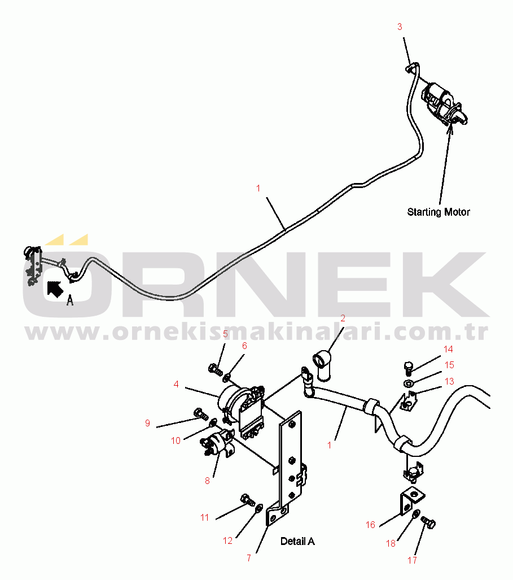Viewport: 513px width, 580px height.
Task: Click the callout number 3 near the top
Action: pos(400,27)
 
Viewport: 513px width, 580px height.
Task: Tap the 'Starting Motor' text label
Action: pos(439,212)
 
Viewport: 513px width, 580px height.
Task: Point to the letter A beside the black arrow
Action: pos(70,300)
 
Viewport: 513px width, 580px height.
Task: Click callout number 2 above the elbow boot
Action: pos(342,319)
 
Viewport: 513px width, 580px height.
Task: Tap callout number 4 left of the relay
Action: pos(176,384)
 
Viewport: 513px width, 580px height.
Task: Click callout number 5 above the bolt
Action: pos(225,334)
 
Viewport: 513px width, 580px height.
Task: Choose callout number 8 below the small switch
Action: pos(207,481)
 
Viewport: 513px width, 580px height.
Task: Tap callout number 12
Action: pos(227,540)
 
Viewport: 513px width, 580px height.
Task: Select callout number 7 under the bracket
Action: pos(248,558)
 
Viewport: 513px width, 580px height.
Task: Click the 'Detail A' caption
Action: pos(297,542)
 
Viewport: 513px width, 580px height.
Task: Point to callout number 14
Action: pos(448,349)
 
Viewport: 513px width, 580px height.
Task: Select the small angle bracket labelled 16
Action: pos(410,500)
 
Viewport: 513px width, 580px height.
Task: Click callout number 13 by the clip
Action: pos(449,382)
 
